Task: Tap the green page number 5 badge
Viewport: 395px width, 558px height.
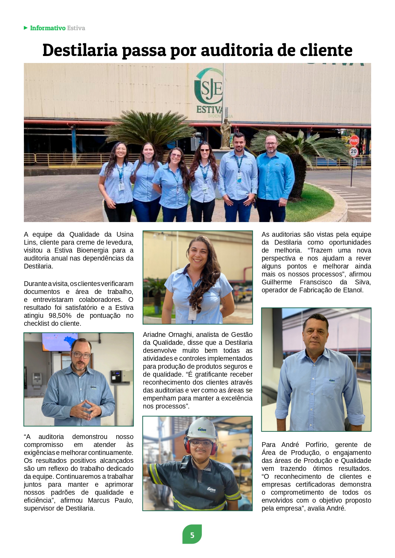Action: (192, 535)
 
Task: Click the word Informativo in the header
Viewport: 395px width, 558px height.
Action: (48, 28)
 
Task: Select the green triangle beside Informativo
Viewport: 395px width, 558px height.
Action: (26, 28)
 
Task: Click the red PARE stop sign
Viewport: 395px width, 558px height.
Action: (354, 140)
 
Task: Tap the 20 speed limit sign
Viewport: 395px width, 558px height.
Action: (354, 151)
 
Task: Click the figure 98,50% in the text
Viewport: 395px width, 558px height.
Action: (60, 316)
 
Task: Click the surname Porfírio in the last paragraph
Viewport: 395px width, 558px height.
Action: (317, 445)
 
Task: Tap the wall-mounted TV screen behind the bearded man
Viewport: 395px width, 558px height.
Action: (60, 342)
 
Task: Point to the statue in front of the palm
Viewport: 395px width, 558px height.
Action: (226, 134)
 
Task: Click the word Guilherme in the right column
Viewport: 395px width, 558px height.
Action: (277, 282)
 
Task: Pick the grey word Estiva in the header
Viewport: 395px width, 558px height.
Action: (76, 28)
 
